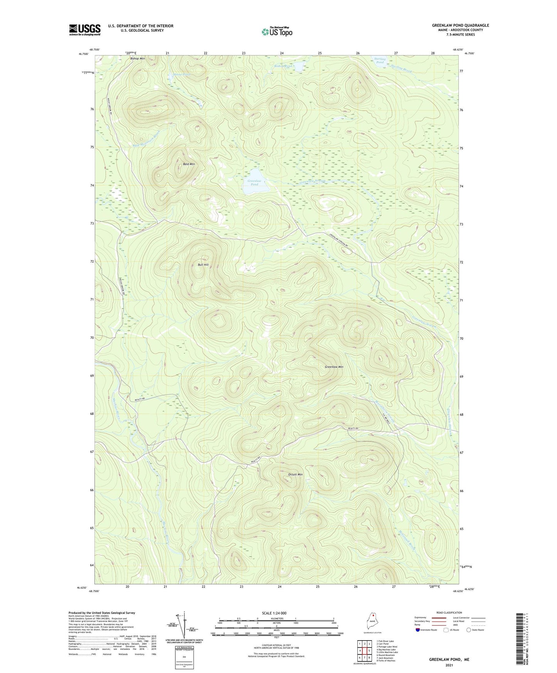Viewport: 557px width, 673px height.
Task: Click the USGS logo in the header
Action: click(x=84, y=30)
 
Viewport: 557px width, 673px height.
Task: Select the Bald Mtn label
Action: click(x=188, y=164)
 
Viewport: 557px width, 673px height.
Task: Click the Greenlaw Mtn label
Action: click(x=334, y=367)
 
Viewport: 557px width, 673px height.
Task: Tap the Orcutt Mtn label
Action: click(x=295, y=474)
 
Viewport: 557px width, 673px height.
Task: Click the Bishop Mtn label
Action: click(x=137, y=59)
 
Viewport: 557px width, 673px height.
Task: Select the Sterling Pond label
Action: click(x=380, y=61)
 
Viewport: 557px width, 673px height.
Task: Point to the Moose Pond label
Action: click(x=182, y=74)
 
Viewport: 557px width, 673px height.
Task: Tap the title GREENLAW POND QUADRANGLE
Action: click(x=460, y=25)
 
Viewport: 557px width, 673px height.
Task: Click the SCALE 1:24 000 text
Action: click(x=274, y=613)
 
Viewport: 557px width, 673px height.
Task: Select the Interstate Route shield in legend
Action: click(x=418, y=630)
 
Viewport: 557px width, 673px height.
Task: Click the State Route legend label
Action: click(x=478, y=630)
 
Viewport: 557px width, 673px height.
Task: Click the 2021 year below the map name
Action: click(x=449, y=665)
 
